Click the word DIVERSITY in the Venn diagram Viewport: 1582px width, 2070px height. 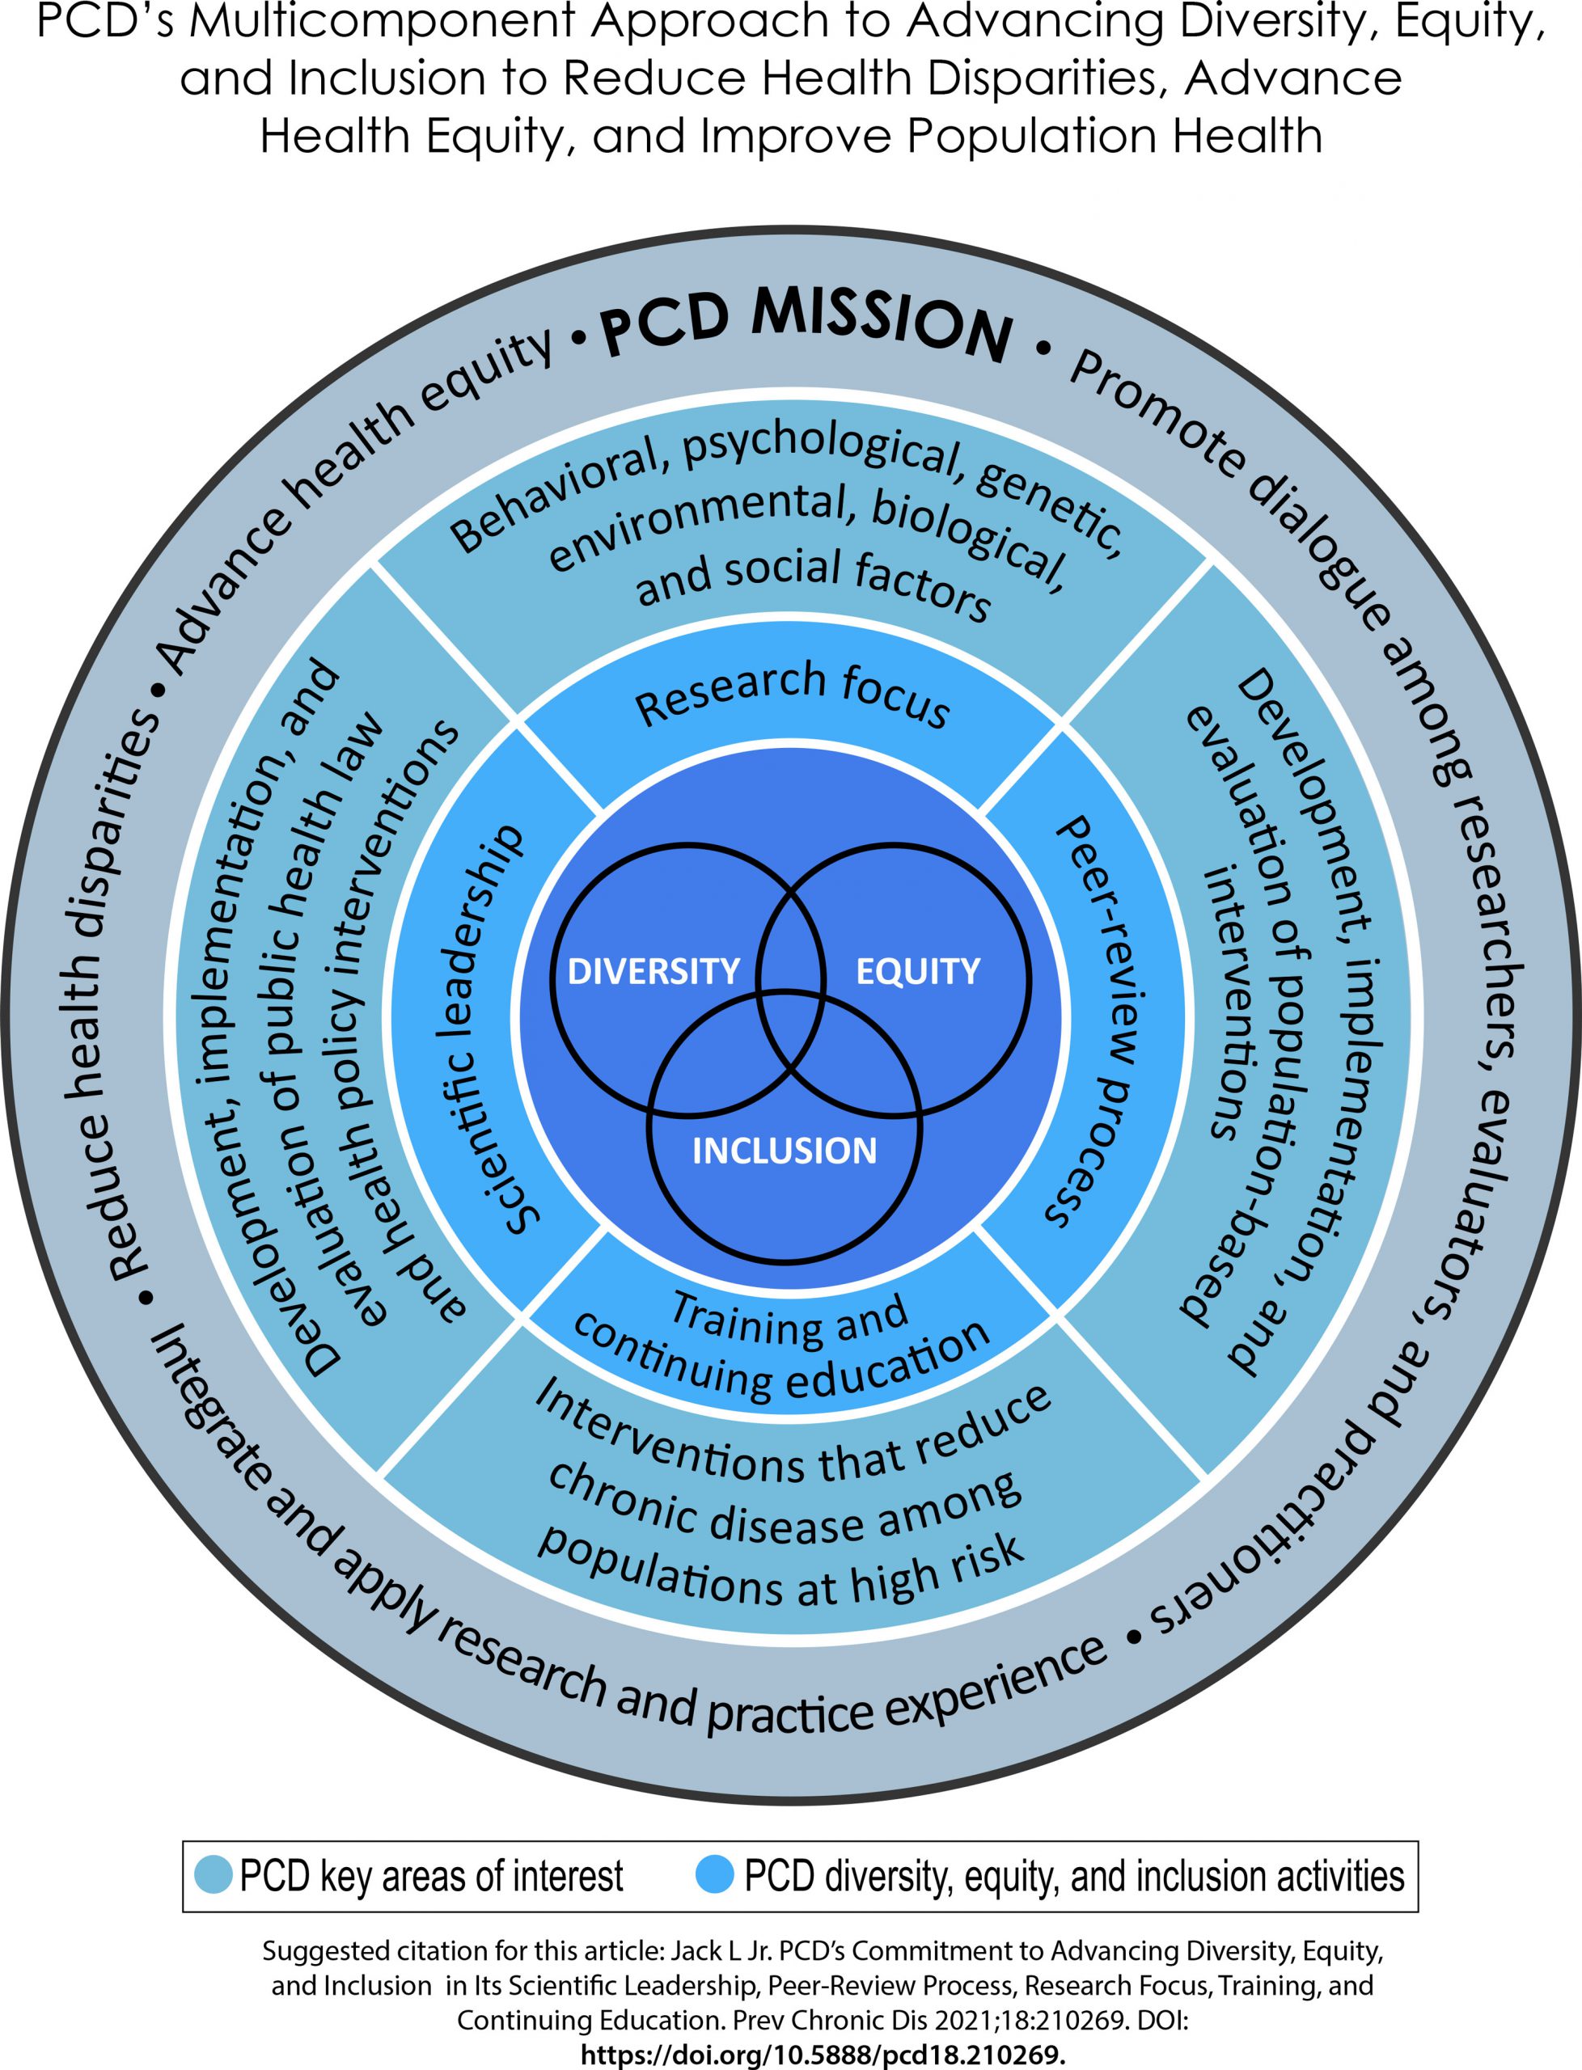(654, 971)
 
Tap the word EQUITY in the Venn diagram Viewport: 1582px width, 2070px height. (918, 971)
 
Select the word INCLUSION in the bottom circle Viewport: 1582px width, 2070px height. (785, 1151)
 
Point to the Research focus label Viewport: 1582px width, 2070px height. (792, 695)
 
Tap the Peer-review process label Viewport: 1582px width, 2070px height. (1097, 1021)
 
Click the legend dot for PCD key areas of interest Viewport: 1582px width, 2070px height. (214, 1875)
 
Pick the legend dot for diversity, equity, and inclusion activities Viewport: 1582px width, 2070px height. (715, 1875)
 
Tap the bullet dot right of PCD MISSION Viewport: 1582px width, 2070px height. (1043, 349)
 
